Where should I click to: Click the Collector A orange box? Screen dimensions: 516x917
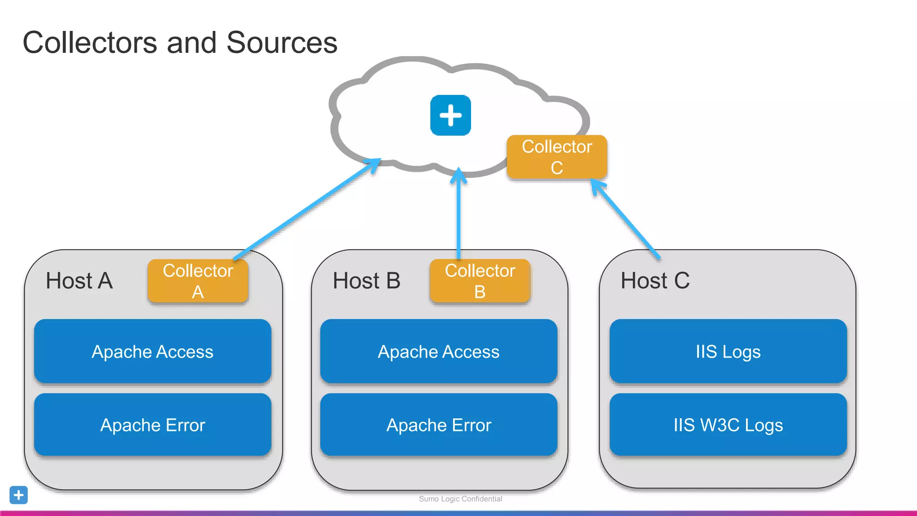tap(197, 281)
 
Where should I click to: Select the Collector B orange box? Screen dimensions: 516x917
tap(480, 281)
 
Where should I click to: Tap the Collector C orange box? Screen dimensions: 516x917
tap(557, 157)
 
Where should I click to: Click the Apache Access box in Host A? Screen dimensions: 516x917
tap(153, 351)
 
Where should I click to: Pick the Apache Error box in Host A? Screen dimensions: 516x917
tap(153, 425)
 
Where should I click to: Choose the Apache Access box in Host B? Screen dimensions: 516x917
tap(438, 351)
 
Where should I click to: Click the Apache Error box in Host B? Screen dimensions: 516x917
tap(438, 425)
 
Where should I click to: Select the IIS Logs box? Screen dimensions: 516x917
tap(728, 351)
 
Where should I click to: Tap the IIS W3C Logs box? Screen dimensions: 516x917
tap(728, 425)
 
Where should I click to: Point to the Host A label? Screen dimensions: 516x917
tap(79, 281)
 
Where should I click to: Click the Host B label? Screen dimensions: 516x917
tap(366, 281)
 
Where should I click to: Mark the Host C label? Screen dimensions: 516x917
tap(655, 281)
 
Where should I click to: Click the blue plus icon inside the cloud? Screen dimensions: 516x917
tap(450, 115)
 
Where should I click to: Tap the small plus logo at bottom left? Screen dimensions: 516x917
tap(18, 495)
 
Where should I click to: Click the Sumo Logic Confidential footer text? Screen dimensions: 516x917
tap(460, 499)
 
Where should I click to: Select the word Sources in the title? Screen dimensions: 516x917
tap(282, 43)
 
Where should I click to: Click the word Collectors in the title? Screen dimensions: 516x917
tap(90, 43)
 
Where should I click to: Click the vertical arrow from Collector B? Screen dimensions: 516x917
tap(458, 215)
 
